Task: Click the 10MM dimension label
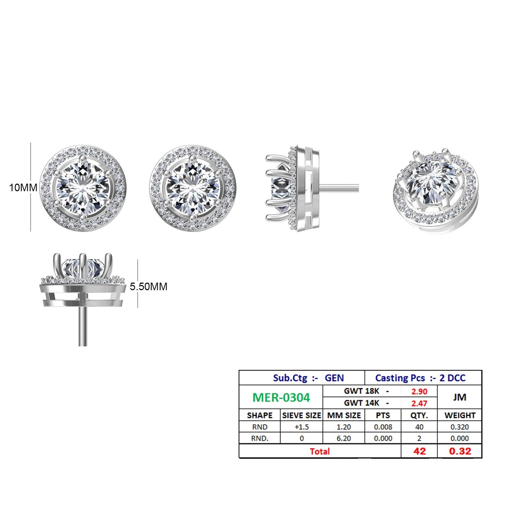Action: click(x=23, y=188)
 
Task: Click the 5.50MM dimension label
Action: click(x=149, y=287)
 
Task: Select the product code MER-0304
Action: click(x=281, y=397)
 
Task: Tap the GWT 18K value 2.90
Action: click(x=419, y=392)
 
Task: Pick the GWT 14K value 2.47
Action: click(x=419, y=403)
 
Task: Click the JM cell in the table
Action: click(x=460, y=397)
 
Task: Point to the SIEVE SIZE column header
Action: click(x=301, y=415)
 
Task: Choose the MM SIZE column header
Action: click(x=344, y=415)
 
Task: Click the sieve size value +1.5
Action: click(x=301, y=427)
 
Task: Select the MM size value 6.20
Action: click(x=344, y=438)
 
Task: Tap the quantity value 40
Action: click(x=419, y=427)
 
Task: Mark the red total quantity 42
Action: click(x=419, y=451)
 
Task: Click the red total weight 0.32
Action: click(x=460, y=451)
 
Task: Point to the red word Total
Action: click(x=320, y=451)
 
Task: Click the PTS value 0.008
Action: click(x=383, y=427)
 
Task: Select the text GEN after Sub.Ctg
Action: click(x=334, y=378)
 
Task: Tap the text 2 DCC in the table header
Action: click(x=452, y=378)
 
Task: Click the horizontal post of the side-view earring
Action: click(x=339, y=188)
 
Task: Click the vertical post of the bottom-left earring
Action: click(x=83, y=324)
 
